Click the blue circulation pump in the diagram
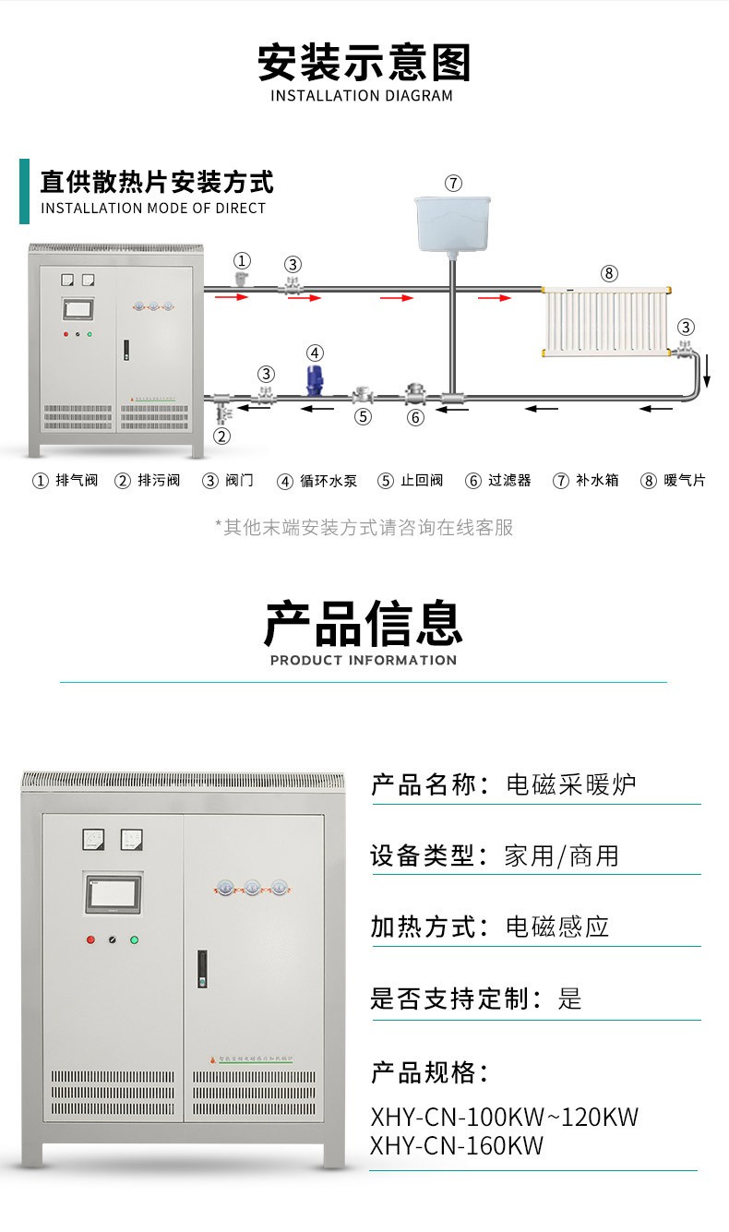coord(315,382)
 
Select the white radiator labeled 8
coord(607,324)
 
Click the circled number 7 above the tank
coord(453,183)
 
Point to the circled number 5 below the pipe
coord(364,416)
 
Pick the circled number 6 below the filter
coord(416,417)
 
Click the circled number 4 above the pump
coord(315,353)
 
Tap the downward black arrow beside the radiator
coord(708,374)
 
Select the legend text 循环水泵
coord(328,481)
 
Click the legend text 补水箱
coord(597,481)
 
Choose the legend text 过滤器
coord(510,481)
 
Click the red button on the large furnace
coord(90,940)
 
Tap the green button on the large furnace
coord(135,940)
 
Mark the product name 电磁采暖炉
coord(571,785)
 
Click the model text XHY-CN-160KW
coord(457,1146)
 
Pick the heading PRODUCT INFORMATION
coord(364,660)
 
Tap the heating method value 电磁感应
coord(557,927)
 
